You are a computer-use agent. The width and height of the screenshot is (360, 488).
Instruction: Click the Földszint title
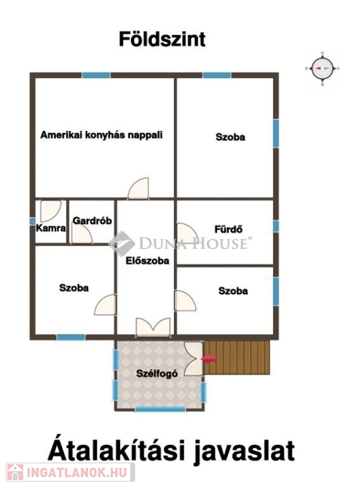(162, 39)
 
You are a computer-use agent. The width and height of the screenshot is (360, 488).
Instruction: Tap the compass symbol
(323, 69)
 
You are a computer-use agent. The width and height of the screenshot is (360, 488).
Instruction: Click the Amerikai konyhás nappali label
(102, 135)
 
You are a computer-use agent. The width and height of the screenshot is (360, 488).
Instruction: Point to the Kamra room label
(51, 228)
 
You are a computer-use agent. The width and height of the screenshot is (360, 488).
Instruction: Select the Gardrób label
(92, 220)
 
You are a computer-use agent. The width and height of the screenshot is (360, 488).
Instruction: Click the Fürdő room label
(229, 229)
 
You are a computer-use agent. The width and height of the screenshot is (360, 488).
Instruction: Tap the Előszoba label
(147, 261)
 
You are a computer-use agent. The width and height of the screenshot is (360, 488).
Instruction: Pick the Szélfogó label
(157, 373)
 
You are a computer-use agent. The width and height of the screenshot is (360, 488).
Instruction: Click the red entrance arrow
(209, 359)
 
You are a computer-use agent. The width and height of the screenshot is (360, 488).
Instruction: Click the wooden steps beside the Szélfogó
(237, 357)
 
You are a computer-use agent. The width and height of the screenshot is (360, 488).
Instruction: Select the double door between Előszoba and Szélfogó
(153, 327)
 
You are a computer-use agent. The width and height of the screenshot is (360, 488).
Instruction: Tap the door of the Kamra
(51, 211)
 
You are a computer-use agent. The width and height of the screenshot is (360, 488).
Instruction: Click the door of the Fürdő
(187, 233)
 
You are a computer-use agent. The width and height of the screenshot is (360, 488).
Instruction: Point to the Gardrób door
(82, 234)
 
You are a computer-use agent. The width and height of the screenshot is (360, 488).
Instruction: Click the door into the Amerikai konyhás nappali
(138, 188)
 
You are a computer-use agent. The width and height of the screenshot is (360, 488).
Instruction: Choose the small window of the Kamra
(32, 221)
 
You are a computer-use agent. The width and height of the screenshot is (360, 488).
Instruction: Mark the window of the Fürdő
(276, 226)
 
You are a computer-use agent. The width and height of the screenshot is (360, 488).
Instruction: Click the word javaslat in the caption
(244, 451)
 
